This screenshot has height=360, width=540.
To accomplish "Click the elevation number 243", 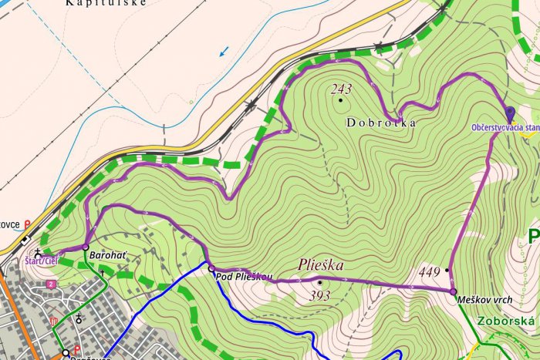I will point(341,89).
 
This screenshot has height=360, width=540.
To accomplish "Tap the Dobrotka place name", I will point(381,123).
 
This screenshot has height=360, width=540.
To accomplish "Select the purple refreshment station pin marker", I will point(508,113).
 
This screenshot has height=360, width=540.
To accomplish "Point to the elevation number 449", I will point(429,271).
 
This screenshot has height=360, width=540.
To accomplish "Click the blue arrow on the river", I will point(224,52).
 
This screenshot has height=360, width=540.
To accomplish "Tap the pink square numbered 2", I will point(51,284).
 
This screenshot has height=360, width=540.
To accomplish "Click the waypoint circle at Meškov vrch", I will point(453,291).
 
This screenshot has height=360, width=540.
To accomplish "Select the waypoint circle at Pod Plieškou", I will point(211,267).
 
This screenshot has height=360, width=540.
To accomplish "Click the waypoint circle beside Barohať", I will point(86,247).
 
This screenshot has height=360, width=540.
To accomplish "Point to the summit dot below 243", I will point(340,99).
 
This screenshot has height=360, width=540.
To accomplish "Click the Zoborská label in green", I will point(508,320).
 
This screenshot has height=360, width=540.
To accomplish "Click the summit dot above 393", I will point(319,282).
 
